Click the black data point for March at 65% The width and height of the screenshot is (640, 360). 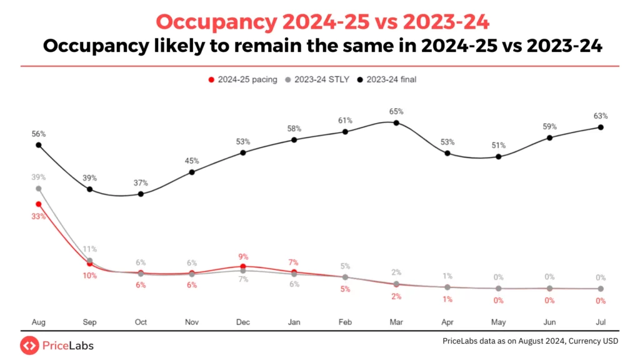click(396, 122)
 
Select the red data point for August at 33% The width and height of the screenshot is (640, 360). click(39, 204)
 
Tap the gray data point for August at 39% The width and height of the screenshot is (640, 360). click(39, 188)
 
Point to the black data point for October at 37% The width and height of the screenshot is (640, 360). click(141, 194)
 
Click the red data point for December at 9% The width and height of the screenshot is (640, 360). click(243, 266)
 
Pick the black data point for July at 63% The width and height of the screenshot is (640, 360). click(601, 127)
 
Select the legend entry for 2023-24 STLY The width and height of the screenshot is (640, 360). click(319, 79)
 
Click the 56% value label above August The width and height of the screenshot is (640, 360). click(39, 134)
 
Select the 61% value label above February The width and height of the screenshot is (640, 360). click(345, 120)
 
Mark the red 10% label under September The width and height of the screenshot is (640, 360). click(90, 276)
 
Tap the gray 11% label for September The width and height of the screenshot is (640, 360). click(90, 249)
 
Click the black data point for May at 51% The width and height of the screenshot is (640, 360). click(498, 156)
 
